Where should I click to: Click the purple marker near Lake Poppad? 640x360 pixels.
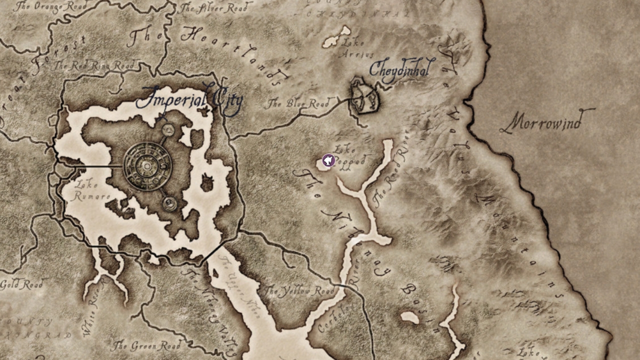click(328, 160)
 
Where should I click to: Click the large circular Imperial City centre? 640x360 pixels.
click(147, 166)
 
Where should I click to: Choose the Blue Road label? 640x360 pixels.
click(297, 104)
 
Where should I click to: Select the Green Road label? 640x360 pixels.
click(145, 346)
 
